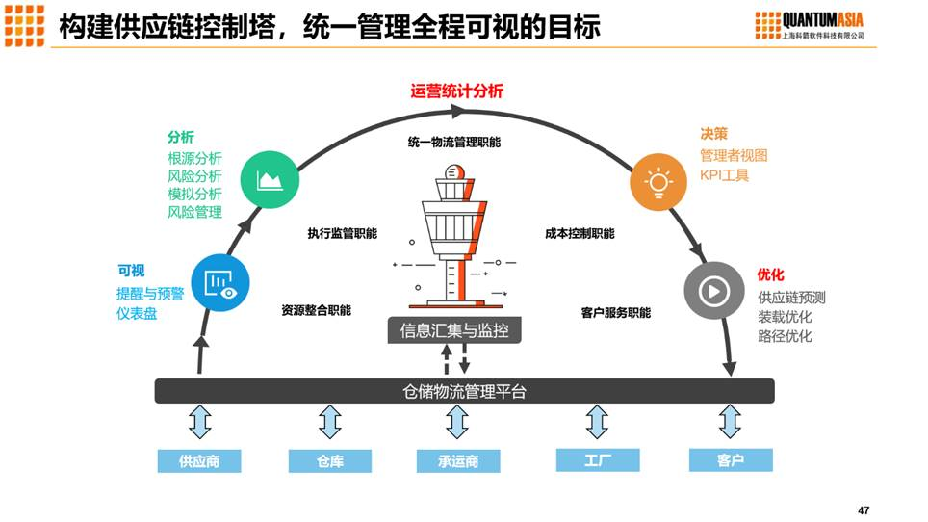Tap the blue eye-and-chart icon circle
coord(220,282)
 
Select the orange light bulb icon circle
coord(658,181)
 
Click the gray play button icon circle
coord(713,290)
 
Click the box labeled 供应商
coord(199,460)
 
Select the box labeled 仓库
coord(330,460)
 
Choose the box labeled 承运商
coord(458,460)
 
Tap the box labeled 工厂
coord(598,459)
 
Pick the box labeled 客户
coord(731,459)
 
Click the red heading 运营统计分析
coord(457,91)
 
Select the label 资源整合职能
coord(316,310)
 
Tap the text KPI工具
coord(724,175)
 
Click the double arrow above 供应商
coord(200,422)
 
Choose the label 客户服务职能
coord(615,312)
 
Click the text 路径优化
coord(785,336)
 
